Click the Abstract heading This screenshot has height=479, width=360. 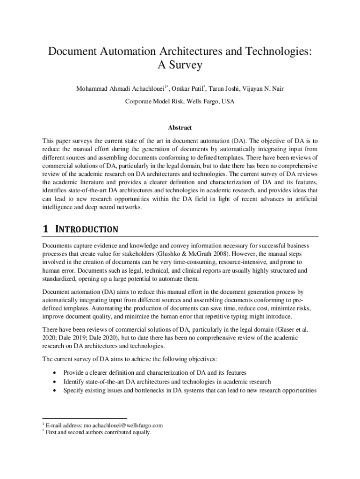point(180,128)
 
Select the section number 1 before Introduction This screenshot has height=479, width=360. point(45,229)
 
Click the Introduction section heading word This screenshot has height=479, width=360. point(86,230)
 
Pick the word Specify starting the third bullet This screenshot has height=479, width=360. point(74,390)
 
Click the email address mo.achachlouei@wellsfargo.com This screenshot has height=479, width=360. point(123,425)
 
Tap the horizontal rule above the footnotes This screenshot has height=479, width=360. point(84,419)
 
